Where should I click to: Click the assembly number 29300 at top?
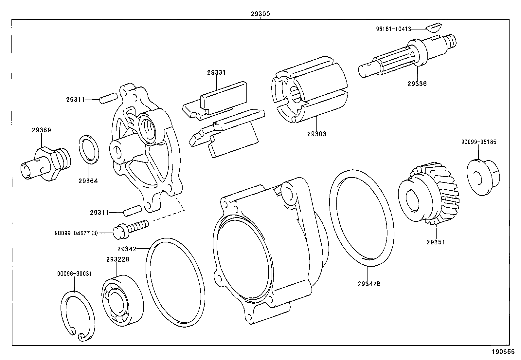tap(260, 14)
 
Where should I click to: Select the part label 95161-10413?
tap(393, 29)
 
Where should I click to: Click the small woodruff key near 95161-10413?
tap(434, 27)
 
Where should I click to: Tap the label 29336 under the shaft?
tap(417, 84)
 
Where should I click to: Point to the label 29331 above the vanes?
tap(216, 73)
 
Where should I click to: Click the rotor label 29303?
tap(317, 134)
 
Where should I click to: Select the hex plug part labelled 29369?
tap(46, 163)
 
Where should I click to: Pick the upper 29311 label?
tap(76, 100)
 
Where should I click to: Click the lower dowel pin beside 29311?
tap(132, 210)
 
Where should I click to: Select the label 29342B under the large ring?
tap(369, 284)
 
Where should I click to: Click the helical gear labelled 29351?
tap(429, 195)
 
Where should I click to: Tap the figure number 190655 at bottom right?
tap(502, 352)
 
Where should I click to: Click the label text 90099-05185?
tap(478, 142)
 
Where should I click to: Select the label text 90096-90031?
tap(74, 274)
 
